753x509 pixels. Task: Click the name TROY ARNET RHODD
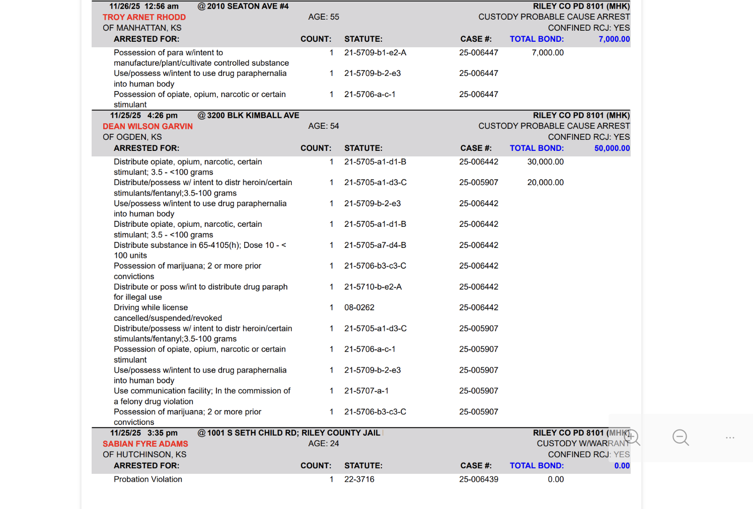(x=144, y=17)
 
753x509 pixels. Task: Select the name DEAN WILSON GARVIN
(x=147, y=126)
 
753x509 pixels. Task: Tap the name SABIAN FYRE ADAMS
(x=145, y=444)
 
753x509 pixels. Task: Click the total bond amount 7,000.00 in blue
(x=614, y=39)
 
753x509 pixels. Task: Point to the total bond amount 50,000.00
(x=612, y=148)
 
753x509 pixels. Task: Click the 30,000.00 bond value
(x=545, y=162)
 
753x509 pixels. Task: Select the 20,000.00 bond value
(x=545, y=183)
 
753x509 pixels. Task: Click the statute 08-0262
(x=359, y=307)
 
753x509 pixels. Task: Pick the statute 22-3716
(x=359, y=479)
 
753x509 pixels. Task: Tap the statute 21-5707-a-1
(x=366, y=391)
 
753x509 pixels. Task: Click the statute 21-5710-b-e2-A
(x=372, y=287)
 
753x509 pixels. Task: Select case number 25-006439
(x=478, y=479)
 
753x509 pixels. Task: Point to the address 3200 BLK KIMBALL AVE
(x=253, y=116)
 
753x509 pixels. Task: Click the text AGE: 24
(x=323, y=444)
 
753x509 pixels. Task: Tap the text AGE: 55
(x=323, y=17)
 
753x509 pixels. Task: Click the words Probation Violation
(x=147, y=479)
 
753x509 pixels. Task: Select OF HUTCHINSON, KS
(x=144, y=455)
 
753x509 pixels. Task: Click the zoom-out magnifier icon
(x=681, y=438)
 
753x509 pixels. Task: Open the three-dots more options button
(x=730, y=438)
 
